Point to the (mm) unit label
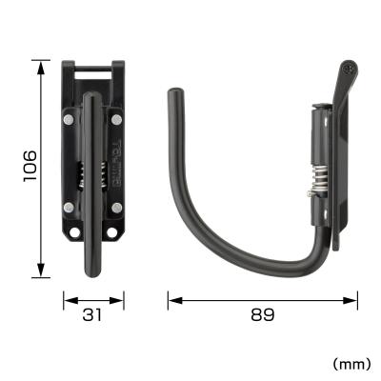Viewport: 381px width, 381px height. (x=351, y=363)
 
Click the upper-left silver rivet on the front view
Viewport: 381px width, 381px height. (x=70, y=120)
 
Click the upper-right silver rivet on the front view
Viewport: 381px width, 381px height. (x=117, y=120)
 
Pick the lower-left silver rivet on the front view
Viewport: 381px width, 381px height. (x=70, y=208)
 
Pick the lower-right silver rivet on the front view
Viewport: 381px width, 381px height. (x=117, y=208)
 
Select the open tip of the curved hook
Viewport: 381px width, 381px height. (x=173, y=95)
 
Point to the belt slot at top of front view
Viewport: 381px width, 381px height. (x=93, y=70)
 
